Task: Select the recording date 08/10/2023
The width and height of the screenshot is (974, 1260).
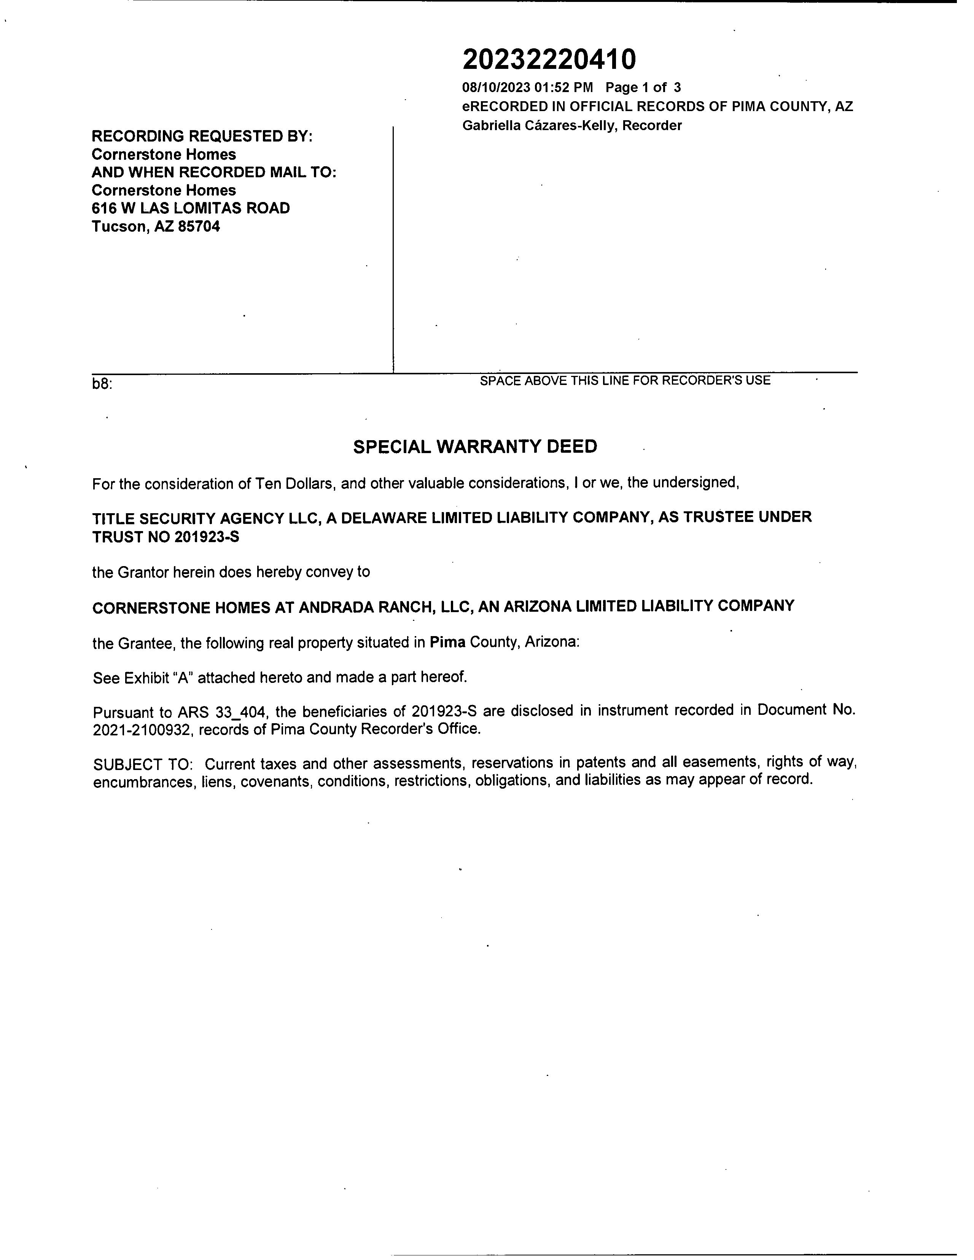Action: [496, 88]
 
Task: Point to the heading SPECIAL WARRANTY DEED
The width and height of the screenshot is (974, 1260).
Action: [475, 447]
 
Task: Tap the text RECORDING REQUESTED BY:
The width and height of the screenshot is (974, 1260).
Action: [202, 136]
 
